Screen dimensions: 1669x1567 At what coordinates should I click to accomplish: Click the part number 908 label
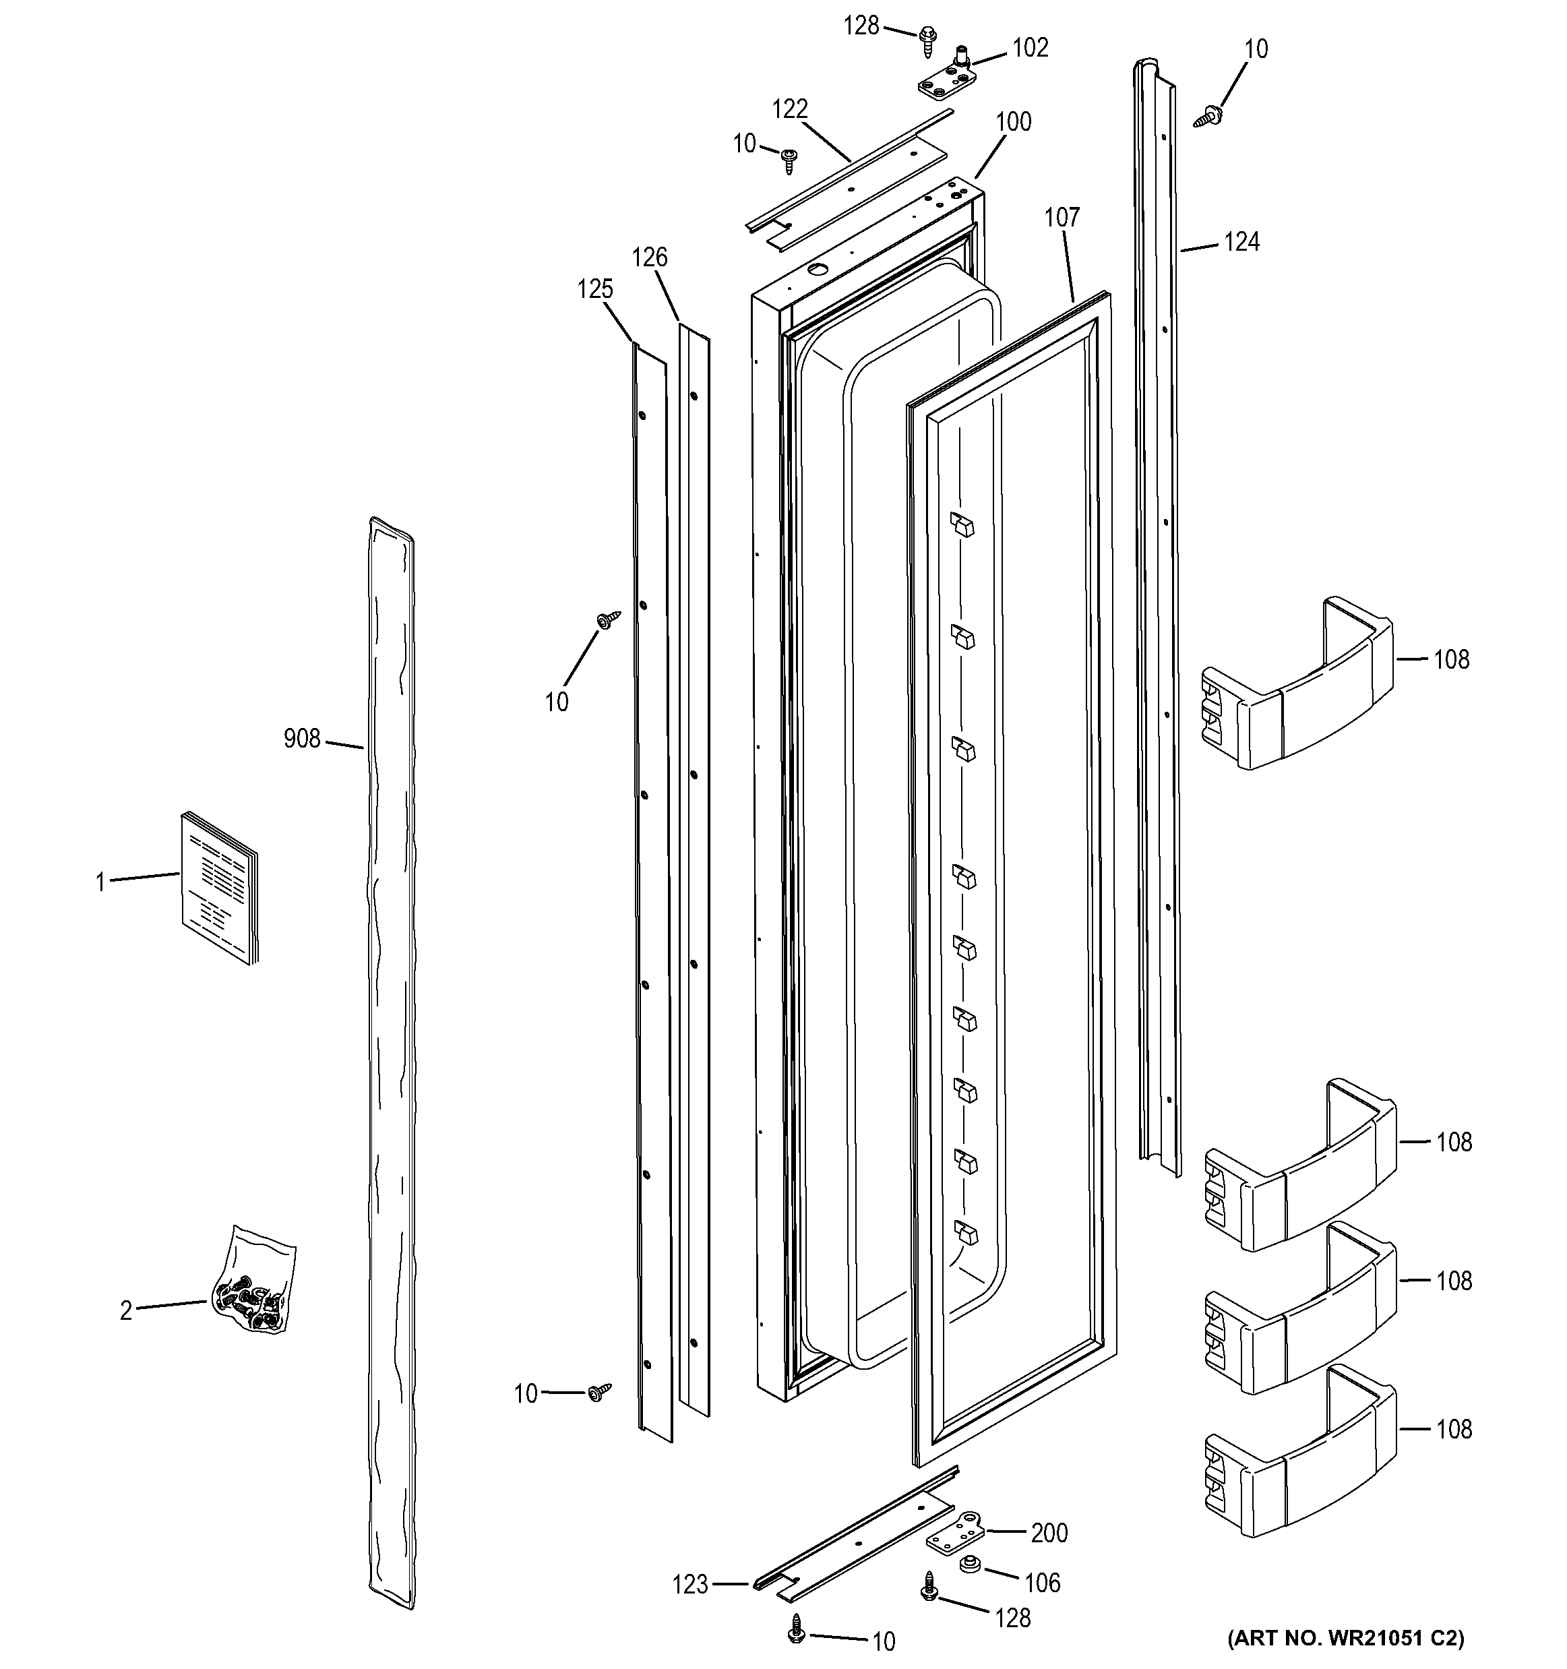click(x=301, y=739)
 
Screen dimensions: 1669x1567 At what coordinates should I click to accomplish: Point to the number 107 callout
click(x=1061, y=218)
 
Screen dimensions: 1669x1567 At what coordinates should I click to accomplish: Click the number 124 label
click(x=1241, y=243)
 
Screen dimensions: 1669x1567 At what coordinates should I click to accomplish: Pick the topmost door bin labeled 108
click(x=1297, y=685)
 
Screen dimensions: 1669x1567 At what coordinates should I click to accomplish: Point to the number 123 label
click(x=690, y=1585)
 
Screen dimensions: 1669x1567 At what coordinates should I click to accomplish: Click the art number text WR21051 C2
click(x=1345, y=1638)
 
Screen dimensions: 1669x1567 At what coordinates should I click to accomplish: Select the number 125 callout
click(x=594, y=290)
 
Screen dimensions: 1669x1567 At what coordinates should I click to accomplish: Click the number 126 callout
click(x=649, y=257)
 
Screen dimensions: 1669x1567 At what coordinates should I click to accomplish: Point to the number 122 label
click(x=789, y=109)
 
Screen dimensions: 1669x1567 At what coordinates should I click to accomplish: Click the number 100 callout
click(x=1013, y=123)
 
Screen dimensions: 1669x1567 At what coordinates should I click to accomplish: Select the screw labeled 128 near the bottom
click(x=929, y=1587)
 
